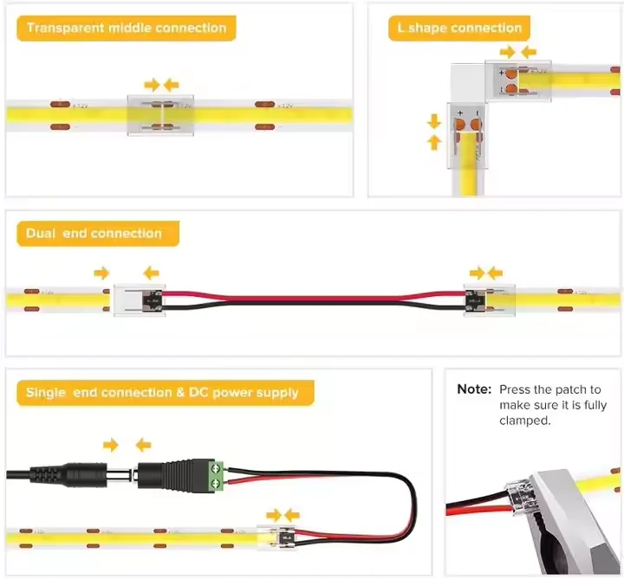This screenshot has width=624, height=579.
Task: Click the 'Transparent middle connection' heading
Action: (126, 28)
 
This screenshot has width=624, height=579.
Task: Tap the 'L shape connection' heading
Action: (459, 28)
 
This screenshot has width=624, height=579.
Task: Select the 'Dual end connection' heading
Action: (94, 234)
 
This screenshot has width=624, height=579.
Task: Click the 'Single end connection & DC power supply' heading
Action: (162, 393)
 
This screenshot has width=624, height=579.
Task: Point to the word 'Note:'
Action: (474, 390)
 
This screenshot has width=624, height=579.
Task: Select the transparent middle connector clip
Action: (161, 115)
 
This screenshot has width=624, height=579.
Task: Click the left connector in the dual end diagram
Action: (140, 299)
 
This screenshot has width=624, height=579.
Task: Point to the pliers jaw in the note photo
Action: (555, 519)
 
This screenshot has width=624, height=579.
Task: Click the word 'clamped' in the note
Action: (523, 421)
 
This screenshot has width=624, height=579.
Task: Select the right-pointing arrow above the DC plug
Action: (110, 445)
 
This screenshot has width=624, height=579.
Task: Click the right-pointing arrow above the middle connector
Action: (152, 84)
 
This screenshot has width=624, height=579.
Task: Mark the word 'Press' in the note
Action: (516, 390)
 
